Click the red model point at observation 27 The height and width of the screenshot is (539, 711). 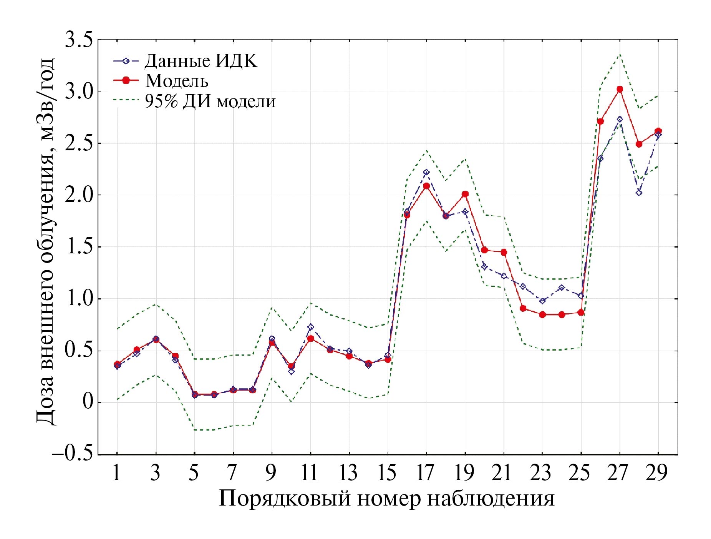pyautogui.click(x=620, y=89)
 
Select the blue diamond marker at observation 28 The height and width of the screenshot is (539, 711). pyautogui.click(x=639, y=193)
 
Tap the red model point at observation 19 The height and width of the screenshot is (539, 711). pyautogui.click(x=465, y=194)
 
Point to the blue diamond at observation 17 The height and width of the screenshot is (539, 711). pyautogui.click(x=426, y=172)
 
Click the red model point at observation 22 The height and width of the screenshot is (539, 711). pyautogui.click(x=523, y=308)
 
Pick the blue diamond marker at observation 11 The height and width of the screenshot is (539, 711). pyautogui.click(x=310, y=327)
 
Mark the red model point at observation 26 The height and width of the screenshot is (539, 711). pyautogui.click(x=600, y=121)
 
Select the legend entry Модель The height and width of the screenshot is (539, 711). pyautogui.click(x=177, y=80)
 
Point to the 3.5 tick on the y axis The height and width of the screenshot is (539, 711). pyautogui.click(x=78, y=40)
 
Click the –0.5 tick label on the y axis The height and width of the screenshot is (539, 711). pyautogui.click(x=73, y=454)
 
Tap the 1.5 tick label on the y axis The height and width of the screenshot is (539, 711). pyautogui.click(x=78, y=247)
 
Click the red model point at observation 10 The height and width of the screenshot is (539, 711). pyautogui.click(x=291, y=366)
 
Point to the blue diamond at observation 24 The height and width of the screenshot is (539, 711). pyautogui.click(x=562, y=288)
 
